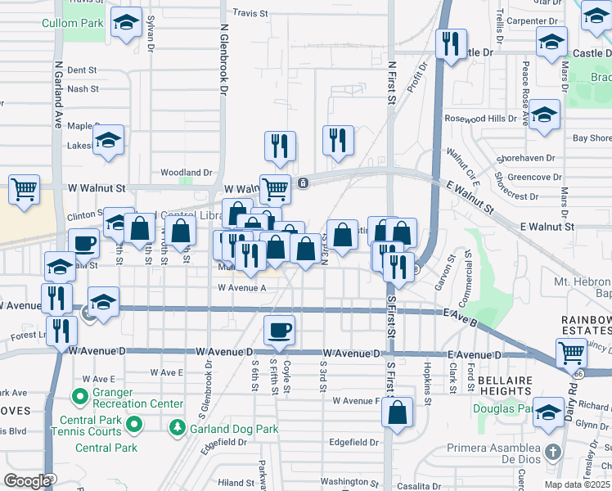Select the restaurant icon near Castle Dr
coord(450,43)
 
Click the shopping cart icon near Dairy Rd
coord(570,354)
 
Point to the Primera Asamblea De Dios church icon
coord(553,453)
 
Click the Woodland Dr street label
coord(187,173)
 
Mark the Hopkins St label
coord(428,380)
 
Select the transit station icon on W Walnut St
coord(303,182)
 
